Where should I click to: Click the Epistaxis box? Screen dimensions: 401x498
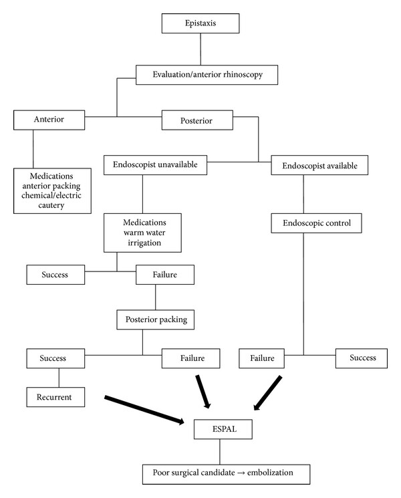(200, 23)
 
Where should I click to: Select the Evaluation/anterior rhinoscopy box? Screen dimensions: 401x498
(207, 75)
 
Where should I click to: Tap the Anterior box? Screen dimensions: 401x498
(49, 120)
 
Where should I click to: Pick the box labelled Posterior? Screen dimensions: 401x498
(197, 120)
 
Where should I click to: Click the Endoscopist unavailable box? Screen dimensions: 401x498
(155, 165)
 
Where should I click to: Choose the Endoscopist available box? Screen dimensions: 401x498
(319, 165)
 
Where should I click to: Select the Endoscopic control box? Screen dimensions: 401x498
(316, 223)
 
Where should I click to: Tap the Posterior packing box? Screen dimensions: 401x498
(155, 320)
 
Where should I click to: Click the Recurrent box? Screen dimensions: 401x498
(55, 397)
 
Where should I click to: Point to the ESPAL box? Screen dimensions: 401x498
(223, 429)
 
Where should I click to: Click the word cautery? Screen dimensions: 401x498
(51, 205)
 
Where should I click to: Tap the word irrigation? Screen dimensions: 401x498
(144, 243)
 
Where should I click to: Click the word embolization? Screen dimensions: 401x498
(270, 473)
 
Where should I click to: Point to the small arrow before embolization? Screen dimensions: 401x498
(241, 473)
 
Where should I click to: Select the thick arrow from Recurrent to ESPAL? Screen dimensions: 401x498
(144, 410)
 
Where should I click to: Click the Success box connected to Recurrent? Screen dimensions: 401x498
(55, 358)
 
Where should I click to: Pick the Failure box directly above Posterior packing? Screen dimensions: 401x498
(165, 275)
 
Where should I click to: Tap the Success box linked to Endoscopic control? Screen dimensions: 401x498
(362, 358)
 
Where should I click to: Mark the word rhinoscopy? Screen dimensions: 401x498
(243, 75)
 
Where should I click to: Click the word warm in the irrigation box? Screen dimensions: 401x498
(131, 233)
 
